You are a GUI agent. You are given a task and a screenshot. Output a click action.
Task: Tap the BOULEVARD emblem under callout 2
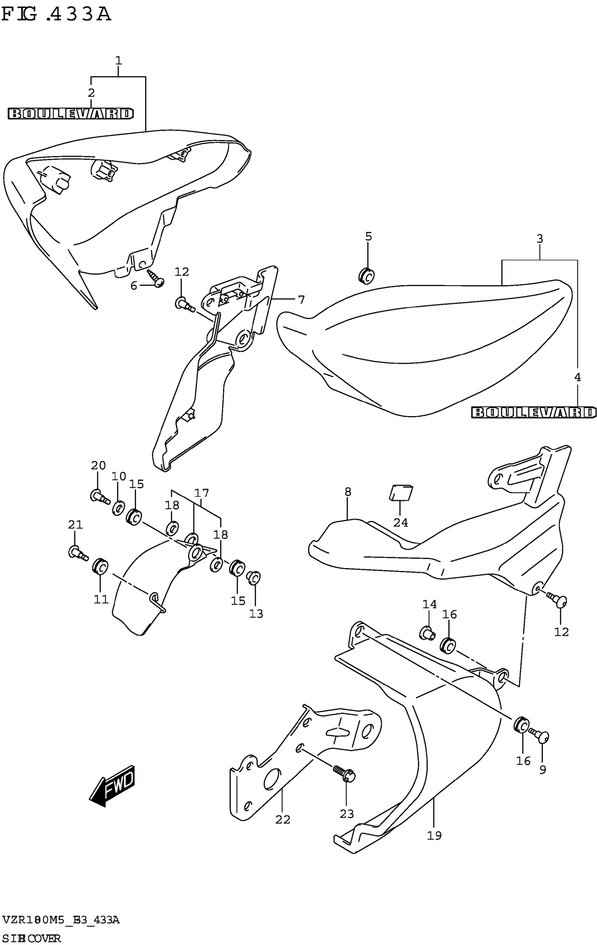point(71,114)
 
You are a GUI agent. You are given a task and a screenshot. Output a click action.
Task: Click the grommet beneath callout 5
point(366,276)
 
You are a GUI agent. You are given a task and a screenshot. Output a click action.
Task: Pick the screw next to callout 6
point(156,278)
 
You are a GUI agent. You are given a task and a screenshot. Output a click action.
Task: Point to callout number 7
point(301,300)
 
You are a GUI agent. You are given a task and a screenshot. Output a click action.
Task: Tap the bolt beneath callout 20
point(100,497)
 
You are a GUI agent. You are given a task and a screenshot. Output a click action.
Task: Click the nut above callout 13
point(254,577)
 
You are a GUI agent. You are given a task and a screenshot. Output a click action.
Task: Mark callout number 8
point(348,492)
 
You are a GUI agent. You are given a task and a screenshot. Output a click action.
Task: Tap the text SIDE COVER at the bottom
point(31,938)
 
